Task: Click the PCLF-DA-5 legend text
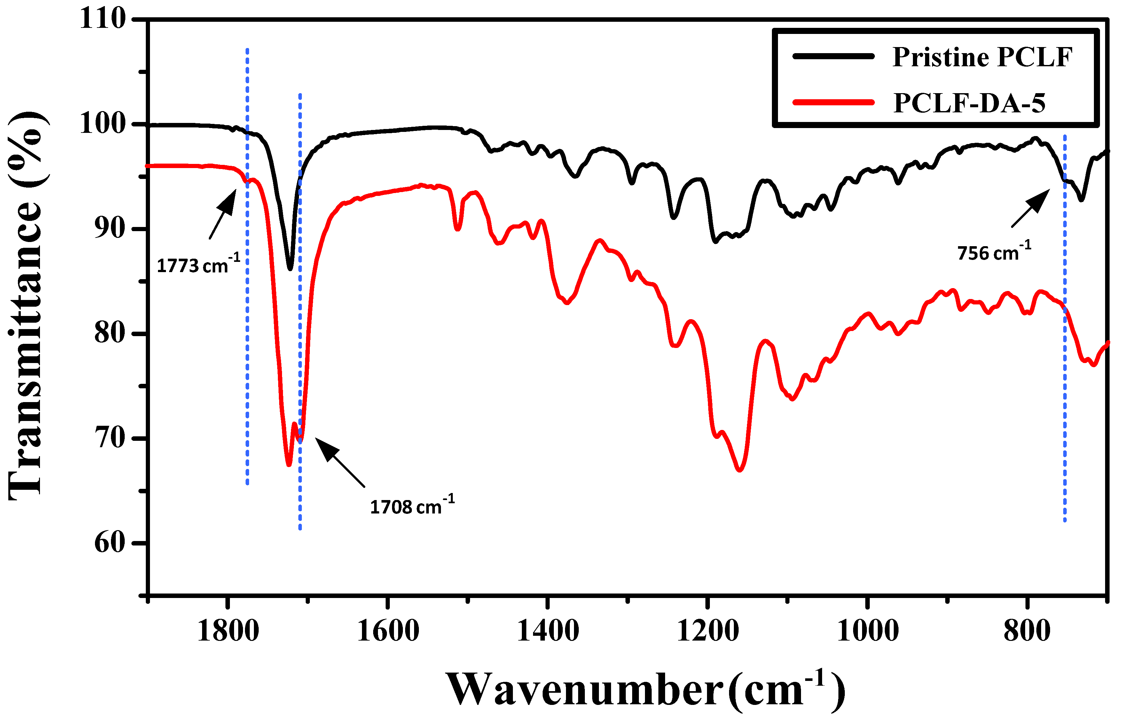click(x=969, y=104)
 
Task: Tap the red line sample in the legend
click(x=833, y=102)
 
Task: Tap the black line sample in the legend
click(x=833, y=56)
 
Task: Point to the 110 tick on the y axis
click(x=103, y=20)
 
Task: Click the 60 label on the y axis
click(x=110, y=543)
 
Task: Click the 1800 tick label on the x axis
click(x=228, y=631)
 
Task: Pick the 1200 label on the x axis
click(x=708, y=631)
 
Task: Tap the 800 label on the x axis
click(x=1027, y=631)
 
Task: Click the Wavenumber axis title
click(x=646, y=690)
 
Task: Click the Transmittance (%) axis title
click(x=27, y=306)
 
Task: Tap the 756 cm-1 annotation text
click(x=994, y=252)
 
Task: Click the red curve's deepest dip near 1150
click(x=740, y=470)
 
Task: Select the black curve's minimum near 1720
click(x=290, y=269)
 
